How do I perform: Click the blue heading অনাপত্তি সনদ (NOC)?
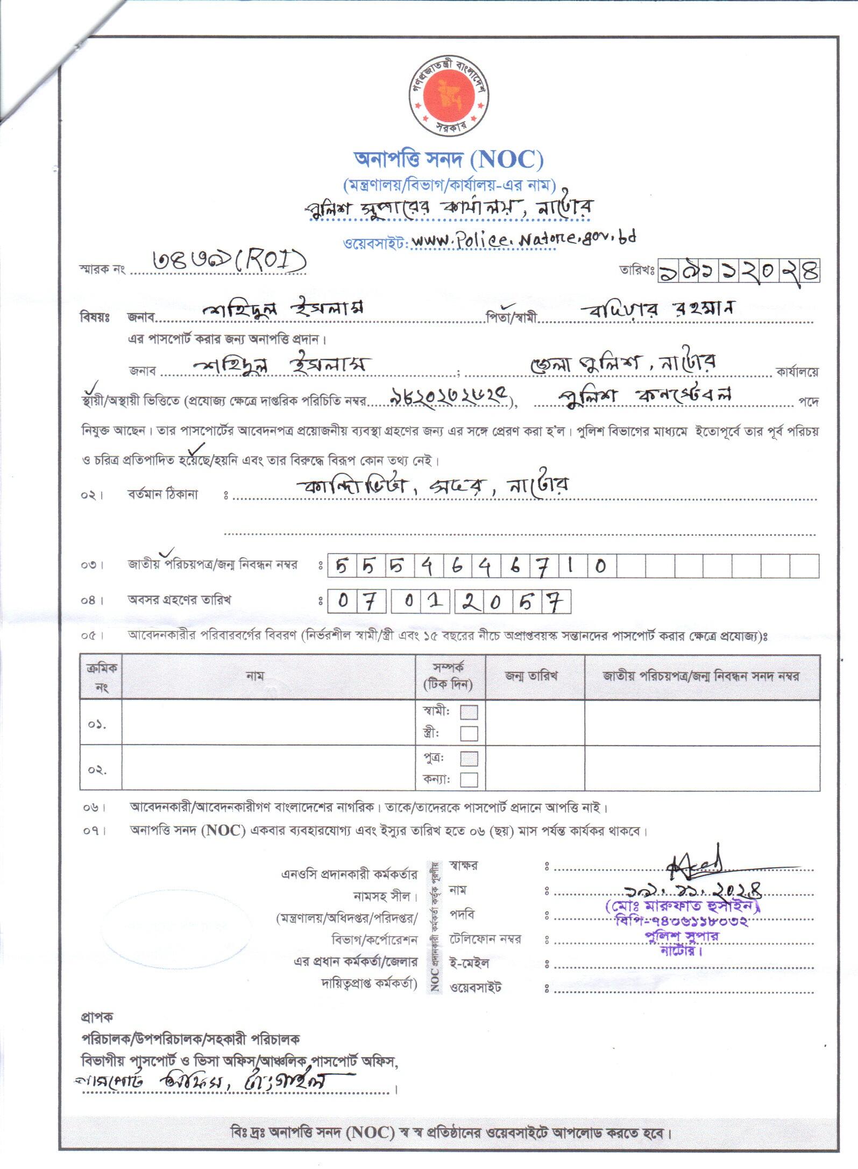click(x=448, y=159)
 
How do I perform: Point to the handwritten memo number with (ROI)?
click(x=229, y=261)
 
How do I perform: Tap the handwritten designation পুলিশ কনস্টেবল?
click(x=644, y=395)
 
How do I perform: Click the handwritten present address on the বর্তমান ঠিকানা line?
click(x=433, y=486)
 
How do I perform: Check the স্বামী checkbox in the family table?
click(x=469, y=712)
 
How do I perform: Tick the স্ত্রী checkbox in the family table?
click(x=469, y=733)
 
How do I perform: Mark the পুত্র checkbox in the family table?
click(x=469, y=759)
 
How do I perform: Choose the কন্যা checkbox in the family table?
click(x=469, y=780)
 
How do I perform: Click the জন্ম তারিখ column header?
click(x=531, y=676)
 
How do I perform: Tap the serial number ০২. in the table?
click(x=97, y=770)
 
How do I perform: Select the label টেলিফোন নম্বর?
click(x=485, y=939)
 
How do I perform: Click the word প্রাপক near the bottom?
click(x=97, y=1017)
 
